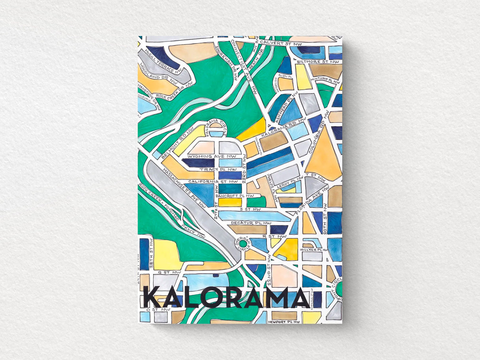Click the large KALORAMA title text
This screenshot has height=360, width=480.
click(227, 297)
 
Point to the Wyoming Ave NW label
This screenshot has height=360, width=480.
click(215, 156)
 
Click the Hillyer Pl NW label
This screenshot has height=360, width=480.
click(315, 250)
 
